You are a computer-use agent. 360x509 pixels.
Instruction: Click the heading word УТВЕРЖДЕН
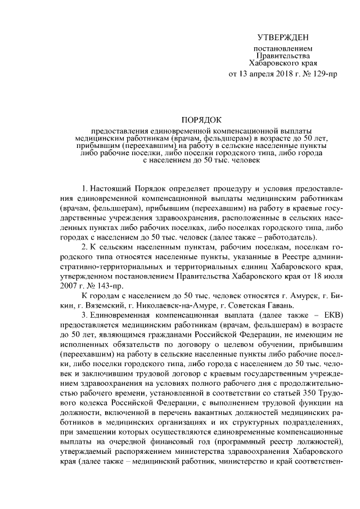coord(283,37)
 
